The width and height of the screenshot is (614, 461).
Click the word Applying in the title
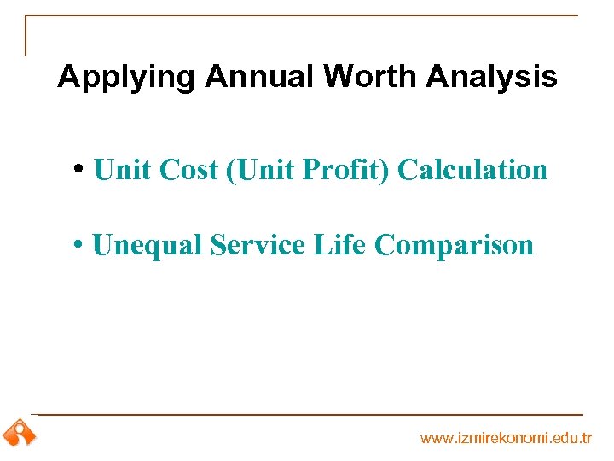click(x=126, y=78)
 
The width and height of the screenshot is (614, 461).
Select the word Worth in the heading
click(x=371, y=78)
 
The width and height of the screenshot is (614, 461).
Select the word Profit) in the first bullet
click(x=345, y=170)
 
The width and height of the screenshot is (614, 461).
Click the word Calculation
click(x=472, y=170)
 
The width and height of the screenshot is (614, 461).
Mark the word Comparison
click(x=454, y=246)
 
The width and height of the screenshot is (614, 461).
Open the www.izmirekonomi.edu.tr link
click(x=506, y=438)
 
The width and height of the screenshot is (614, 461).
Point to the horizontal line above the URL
click(x=307, y=415)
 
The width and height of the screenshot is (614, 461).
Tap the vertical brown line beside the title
click(x=26, y=36)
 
